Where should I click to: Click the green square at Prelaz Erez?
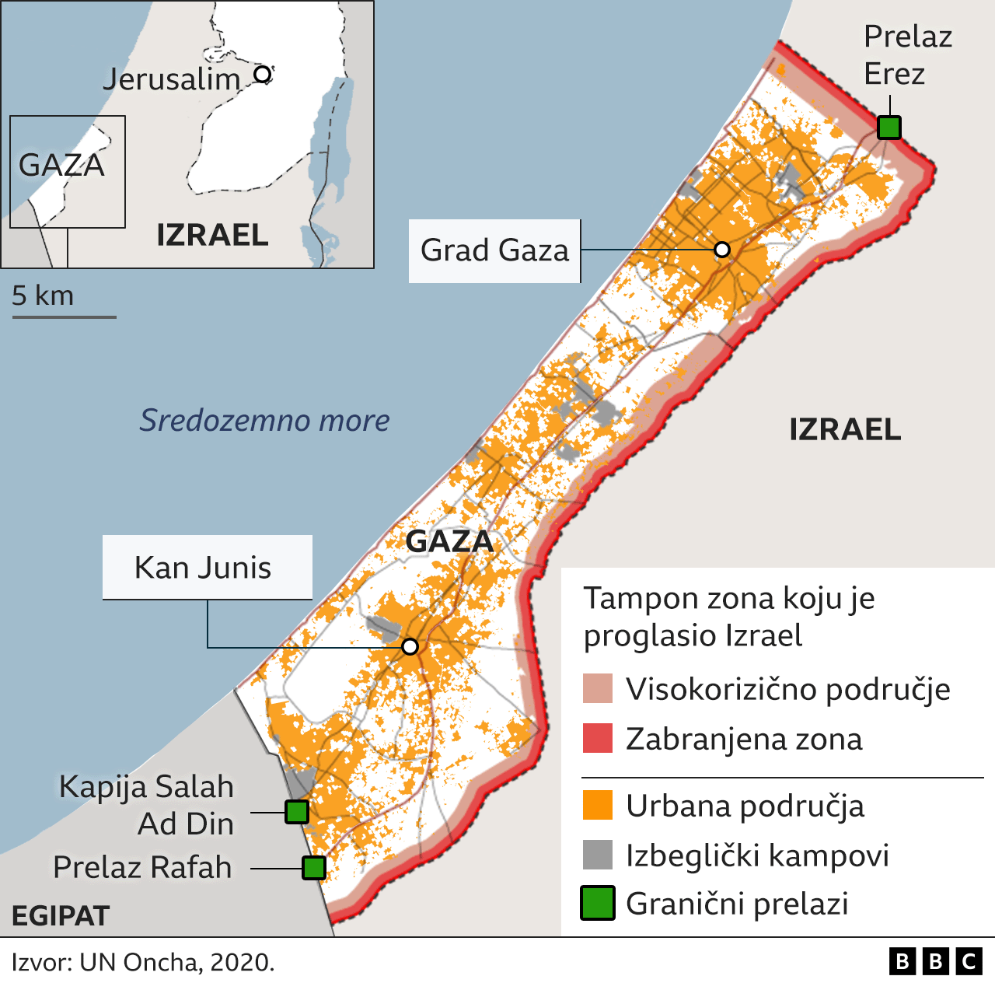[889, 127]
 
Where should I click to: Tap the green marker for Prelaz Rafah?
[313, 867]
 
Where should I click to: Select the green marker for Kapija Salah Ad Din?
[296, 812]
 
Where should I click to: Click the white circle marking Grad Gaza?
[721, 250]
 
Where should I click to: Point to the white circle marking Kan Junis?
[410, 646]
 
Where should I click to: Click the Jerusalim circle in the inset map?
[263, 74]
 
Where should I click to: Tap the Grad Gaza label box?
[494, 250]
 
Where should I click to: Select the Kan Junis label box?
[207, 567]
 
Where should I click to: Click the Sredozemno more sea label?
[264, 420]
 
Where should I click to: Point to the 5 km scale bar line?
[64, 317]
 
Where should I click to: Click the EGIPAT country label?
[61, 915]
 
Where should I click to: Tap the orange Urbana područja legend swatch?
[598, 805]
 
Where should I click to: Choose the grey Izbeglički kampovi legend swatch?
[598, 855]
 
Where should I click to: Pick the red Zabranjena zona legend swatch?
[598, 738]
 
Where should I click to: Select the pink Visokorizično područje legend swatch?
[598, 689]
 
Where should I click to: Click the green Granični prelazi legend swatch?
[598, 903]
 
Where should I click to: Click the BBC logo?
[935, 962]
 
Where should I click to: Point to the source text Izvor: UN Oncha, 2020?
[143, 962]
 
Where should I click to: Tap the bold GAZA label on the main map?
[449, 541]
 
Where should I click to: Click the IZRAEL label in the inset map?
[212, 235]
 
